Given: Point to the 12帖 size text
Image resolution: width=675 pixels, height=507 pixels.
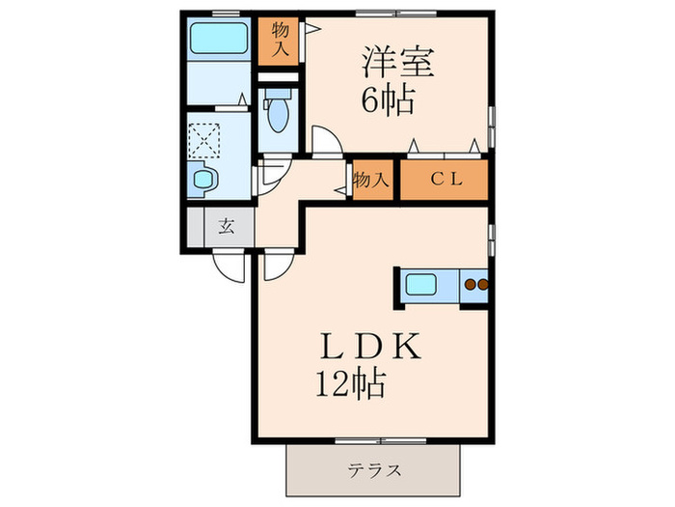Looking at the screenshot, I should pos(350,385).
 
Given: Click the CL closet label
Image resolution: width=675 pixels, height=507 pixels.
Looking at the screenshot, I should pos(445,179).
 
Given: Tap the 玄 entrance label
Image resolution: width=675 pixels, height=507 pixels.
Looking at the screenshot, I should pos(227,228).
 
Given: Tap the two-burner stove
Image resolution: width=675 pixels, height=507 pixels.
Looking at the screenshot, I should pos(475,285).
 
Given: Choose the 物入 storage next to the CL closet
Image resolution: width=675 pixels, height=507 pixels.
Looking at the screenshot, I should pos(371,180).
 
